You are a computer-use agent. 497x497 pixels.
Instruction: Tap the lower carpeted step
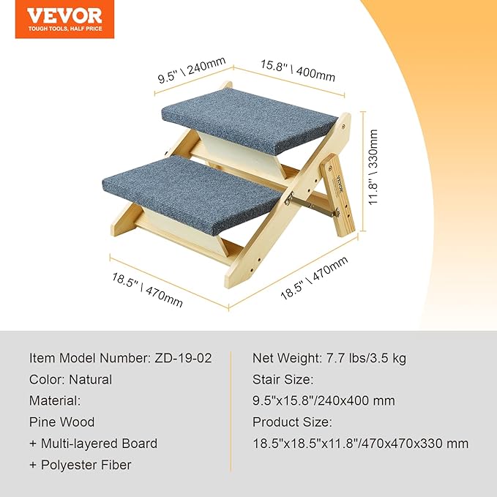coord(191,190)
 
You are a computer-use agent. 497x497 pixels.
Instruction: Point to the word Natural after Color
coord(91,380)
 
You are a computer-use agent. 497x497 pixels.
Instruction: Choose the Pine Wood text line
coord(62,422)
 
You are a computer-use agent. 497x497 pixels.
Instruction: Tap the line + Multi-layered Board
coord(93,444)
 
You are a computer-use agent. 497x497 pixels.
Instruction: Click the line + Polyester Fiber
coord(81,465)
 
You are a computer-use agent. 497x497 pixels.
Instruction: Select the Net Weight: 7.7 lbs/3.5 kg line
coord(329,359)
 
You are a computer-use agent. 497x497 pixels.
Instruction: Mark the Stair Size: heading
coord(283,380)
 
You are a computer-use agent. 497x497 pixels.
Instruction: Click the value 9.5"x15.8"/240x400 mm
coord(324,401)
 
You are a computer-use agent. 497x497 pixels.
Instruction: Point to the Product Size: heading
coord(292,422)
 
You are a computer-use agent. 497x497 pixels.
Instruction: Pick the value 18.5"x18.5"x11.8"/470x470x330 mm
coord(361,444)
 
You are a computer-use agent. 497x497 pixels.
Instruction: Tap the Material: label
coord(55,401)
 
